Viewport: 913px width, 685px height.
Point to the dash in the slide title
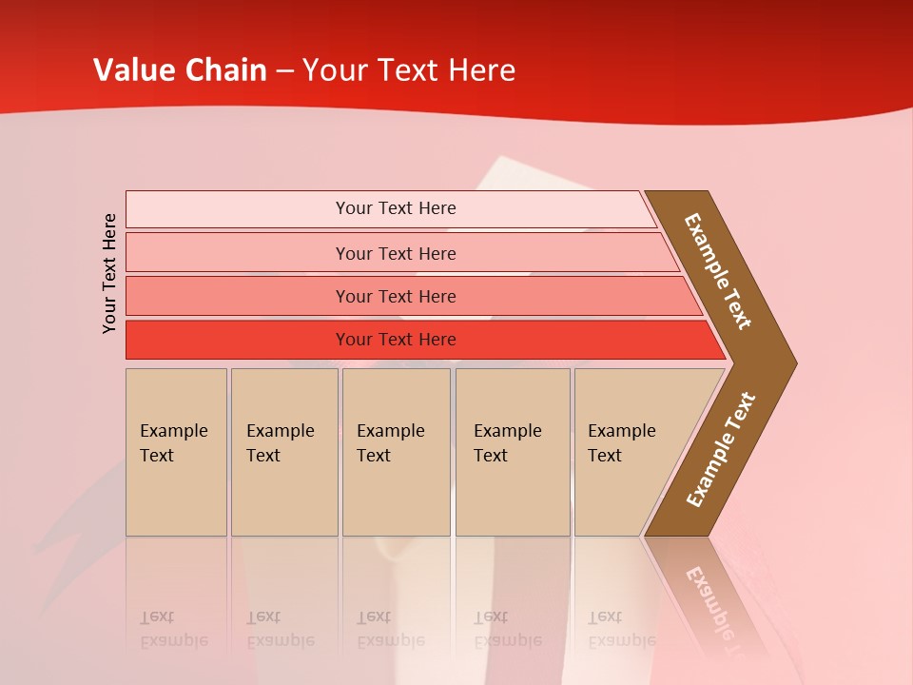click(x=284, y=71)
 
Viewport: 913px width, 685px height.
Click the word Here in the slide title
click(x=481, y=70)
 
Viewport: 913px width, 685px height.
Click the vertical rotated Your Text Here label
click(x=109, y=273)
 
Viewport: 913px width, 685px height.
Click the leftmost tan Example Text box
click(x=176, y=452)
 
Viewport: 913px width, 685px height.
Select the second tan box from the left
click(x=284, y=452)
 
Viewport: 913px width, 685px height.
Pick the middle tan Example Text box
click(x=396, y=452)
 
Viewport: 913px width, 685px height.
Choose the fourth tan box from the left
click(x=513, y=452)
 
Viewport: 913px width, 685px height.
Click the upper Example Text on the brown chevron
click(x=718, y=271)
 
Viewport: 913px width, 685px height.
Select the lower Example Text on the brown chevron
click(x=720, y=450)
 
